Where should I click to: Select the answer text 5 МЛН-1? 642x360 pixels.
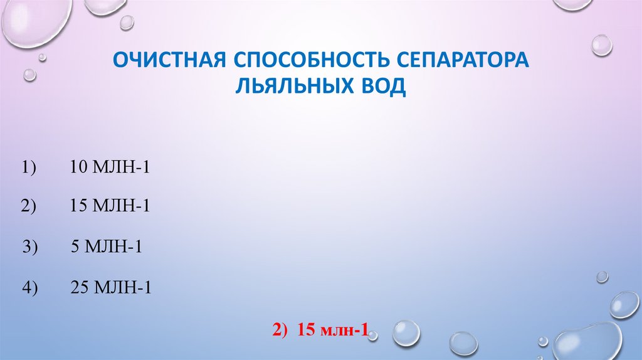point(107,247)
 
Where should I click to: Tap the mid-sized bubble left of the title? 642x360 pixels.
point(29,75)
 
